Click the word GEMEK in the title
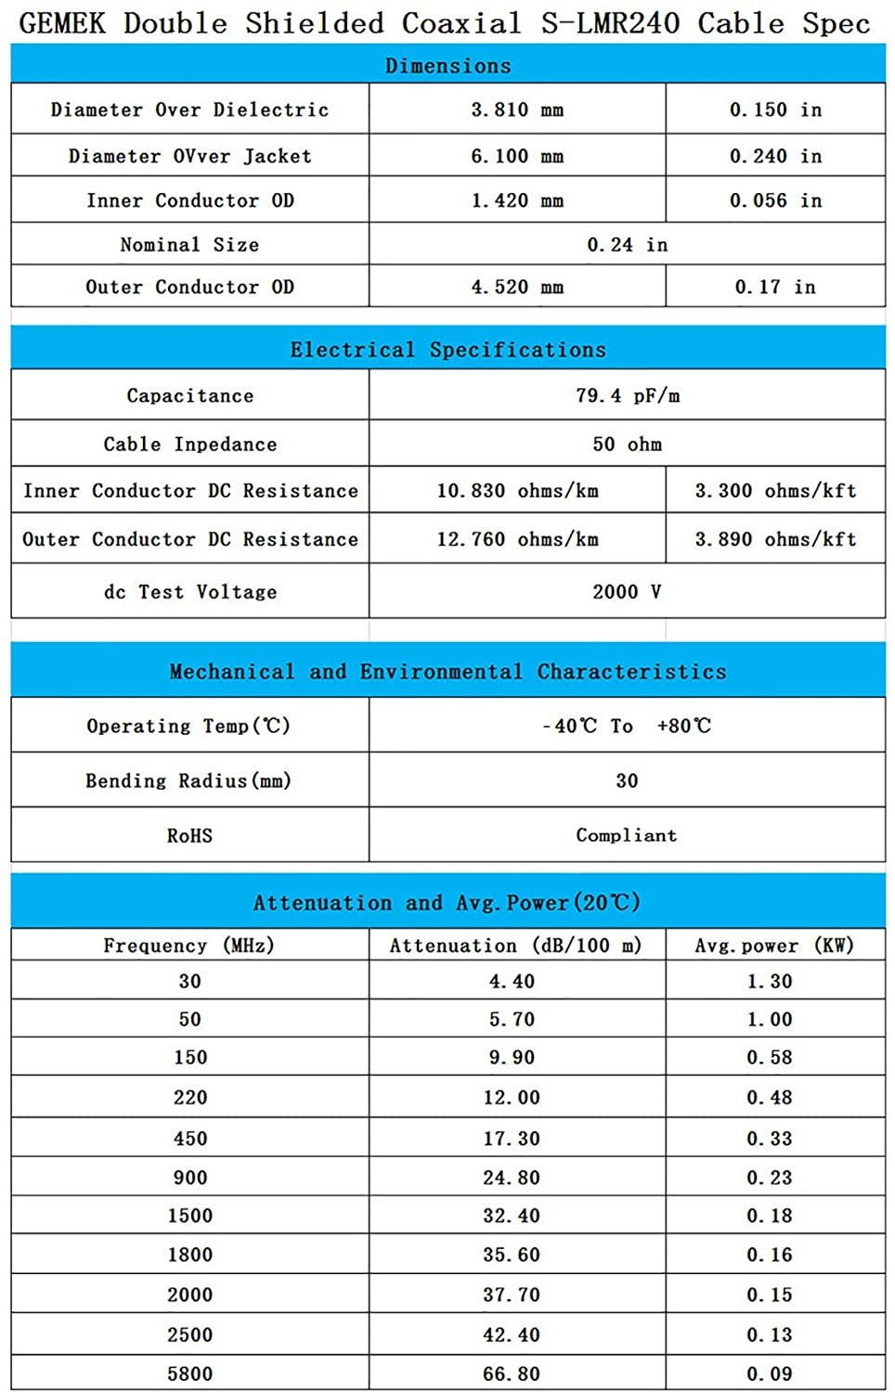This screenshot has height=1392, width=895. tap(62, 22)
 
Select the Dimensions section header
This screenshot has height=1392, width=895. tap(447, 66)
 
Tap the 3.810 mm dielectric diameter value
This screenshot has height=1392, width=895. tap(517, 110)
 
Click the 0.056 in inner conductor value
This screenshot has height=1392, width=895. tap(775, 200)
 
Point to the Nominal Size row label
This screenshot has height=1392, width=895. tap(189, 245)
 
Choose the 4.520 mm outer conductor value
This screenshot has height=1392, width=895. tap(517, 287)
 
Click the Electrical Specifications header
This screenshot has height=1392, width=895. tap(447, 350)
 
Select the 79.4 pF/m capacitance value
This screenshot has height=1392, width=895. tap(627, 395)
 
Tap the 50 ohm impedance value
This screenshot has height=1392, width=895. tap(627, 444)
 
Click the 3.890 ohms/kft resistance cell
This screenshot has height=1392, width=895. tap(775, 539)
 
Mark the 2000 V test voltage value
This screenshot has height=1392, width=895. tap(627, 591)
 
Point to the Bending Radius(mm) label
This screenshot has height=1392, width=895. tap(189, 780)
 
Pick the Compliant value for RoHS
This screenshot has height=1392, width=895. tap(627, 835)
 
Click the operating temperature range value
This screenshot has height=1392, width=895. tap(627, 726)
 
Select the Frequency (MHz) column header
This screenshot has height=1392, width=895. tap(189, 946)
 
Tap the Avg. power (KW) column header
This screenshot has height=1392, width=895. tap(775, 946)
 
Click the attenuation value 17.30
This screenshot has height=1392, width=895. tap(511, 1139)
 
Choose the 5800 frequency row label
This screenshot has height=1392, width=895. tap(189, 1373)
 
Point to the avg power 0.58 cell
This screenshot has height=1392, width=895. tap(770, 1057)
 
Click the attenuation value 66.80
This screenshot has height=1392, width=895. tap(511, 1373)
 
